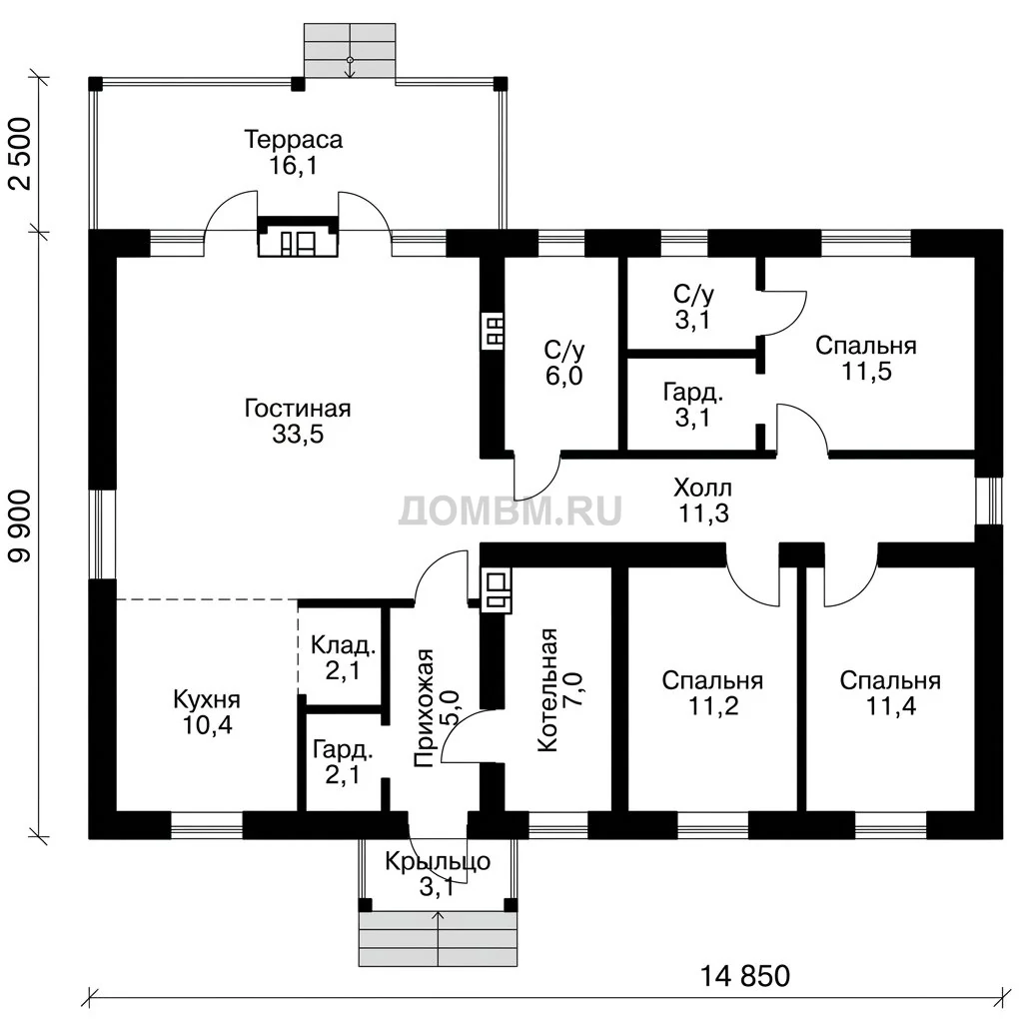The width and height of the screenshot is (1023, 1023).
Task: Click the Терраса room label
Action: pos(294,152)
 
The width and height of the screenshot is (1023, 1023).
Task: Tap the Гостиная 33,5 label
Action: pos(298,421)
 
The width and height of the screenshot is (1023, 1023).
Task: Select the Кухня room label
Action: pos(207,711)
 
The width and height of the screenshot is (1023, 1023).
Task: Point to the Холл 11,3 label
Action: pos(703,501)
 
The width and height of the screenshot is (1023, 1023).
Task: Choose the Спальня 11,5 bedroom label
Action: pos(866,359)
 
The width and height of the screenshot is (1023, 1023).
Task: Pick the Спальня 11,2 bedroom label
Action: pos(712,693)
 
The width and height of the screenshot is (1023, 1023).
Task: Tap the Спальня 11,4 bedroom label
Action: pos(890,693)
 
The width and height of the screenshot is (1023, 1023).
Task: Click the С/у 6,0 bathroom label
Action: pos(564,364)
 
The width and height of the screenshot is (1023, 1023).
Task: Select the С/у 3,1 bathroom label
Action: pos(693,308)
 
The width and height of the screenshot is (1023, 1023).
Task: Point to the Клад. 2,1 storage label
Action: pos(344,657)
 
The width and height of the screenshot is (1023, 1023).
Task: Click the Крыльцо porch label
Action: pos(438,873)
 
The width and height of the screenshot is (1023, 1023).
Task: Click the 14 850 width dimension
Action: pos(745,977)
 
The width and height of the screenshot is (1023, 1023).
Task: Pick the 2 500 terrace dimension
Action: pos(22,154)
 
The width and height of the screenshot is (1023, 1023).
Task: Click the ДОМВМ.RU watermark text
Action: pos(510,511)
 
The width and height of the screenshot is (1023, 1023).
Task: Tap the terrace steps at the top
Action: pos(350,51)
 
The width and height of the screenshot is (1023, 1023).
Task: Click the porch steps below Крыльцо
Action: pos(438,938)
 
